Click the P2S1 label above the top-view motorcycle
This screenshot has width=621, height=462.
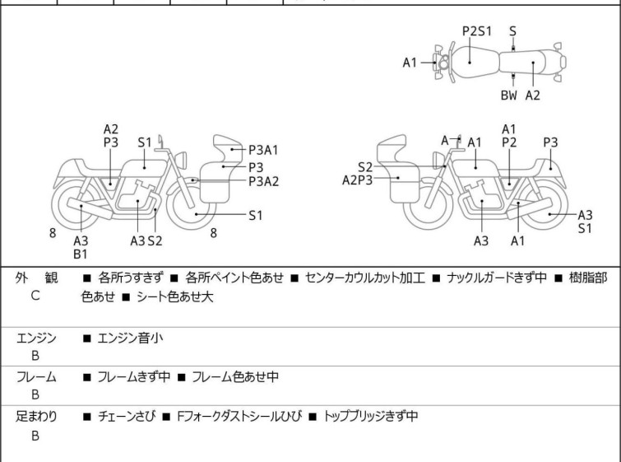476,31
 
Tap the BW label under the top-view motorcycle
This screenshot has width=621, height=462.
509,95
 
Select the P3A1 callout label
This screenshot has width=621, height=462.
264,150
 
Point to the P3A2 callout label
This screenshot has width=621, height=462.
264,181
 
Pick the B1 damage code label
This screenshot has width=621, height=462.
81,254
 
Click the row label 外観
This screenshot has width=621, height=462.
35,279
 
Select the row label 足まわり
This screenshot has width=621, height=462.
35,417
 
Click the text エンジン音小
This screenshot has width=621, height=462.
130,337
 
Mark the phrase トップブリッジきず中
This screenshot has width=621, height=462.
371,417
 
